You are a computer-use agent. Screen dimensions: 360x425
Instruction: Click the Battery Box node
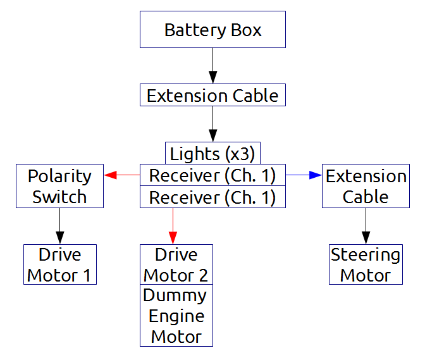(x=212, y=30)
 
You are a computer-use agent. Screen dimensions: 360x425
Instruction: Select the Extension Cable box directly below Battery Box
(x=212, y=96)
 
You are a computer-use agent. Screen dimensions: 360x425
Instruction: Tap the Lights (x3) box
(x=212, y=153)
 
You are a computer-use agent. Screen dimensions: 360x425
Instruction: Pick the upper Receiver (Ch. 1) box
(x=212, y=175)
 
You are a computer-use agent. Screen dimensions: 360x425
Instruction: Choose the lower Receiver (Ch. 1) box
(x=212, y=197)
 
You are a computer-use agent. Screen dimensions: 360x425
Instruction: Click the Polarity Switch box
(x=59, y=186)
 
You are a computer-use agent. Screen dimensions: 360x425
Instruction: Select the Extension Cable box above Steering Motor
(x=366, y=186)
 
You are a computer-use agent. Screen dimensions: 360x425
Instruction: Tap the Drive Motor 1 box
(x=59, y=264)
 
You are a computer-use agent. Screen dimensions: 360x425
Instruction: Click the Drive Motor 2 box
(x=176, y=264)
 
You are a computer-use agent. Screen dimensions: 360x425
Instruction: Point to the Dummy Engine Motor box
(x=176, y=316)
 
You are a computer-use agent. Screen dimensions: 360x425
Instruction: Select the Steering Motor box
(x=366, y=264)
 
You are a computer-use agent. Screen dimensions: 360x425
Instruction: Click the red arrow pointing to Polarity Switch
(x=121, y=175)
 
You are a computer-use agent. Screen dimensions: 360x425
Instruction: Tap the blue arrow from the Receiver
(x=304, y=175)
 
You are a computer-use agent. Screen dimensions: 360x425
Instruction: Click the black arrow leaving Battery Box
(x=212, y=66)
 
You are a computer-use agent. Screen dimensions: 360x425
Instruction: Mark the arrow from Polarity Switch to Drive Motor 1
(x=59, y=227)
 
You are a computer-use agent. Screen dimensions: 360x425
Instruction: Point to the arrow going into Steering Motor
(x=366, y=227)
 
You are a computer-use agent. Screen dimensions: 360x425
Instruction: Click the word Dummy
(x=175, y=295)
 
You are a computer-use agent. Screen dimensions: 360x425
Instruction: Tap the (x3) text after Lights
(x=237, y=153)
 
